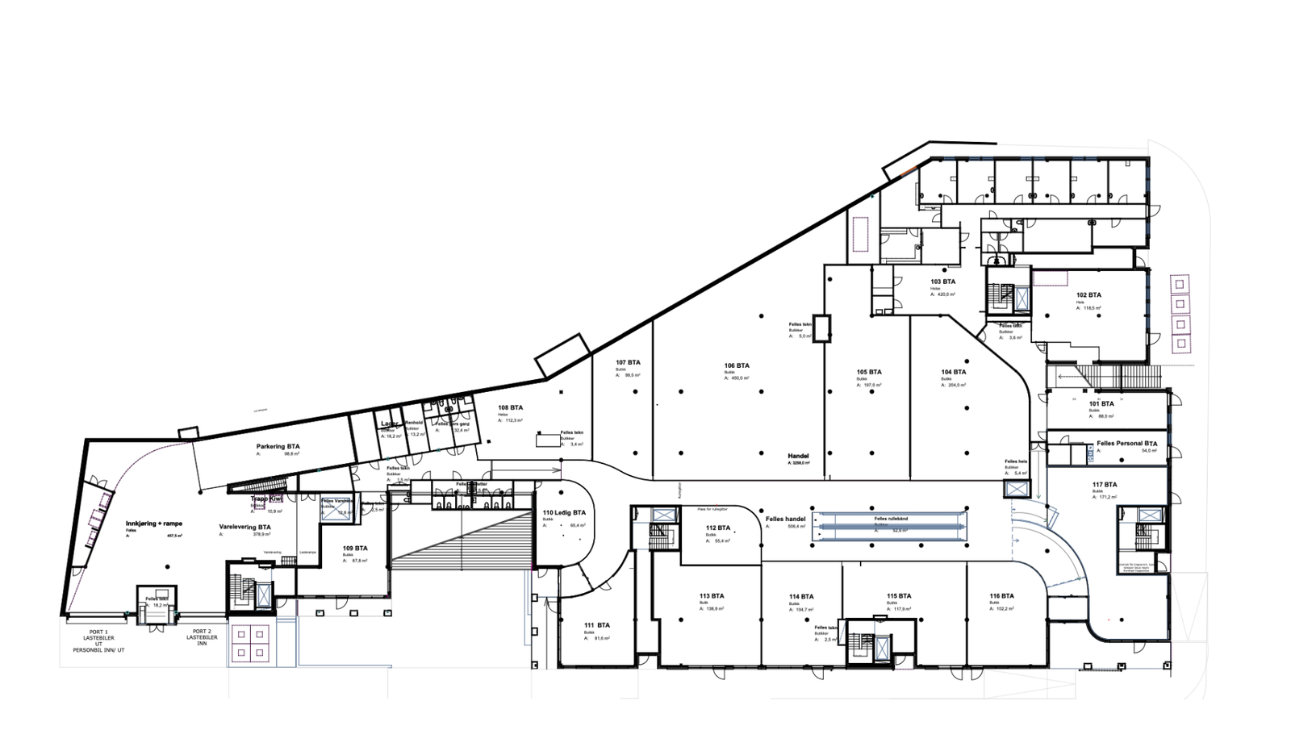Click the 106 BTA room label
tap(737, 365)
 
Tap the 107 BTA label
tap(628, 362)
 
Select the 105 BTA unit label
tap(869, 372)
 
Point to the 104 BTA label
tap(953, 372)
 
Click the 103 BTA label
tap(942, 282)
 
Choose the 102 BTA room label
tap(1088, 295)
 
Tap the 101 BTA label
tap(1101, 403)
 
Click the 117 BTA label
tap(1105, 484)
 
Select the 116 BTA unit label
tap(1001, 596)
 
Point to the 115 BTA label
tap(899, 596)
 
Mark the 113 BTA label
tap(712, 596)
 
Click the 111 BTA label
tap(597, 625)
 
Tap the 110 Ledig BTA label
tap(564, 513)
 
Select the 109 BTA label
tap(355, 548)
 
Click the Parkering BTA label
tap(278, 445)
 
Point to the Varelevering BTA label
tap(245, 527)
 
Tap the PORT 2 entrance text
tap(202, 631)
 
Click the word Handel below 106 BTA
tap(798, 456)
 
